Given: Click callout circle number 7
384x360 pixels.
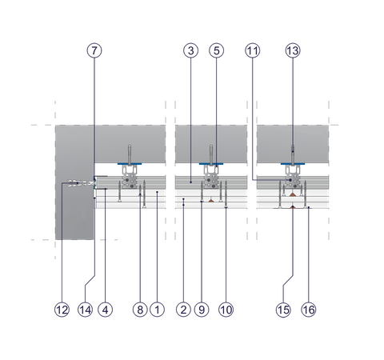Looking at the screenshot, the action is tap(94, 50).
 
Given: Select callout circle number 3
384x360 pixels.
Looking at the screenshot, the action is tap(190, 50).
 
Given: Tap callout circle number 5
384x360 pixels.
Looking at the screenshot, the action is tap(216, 50).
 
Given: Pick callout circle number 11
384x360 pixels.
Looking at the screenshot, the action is tap(253, 50).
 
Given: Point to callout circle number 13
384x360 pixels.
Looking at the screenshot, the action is tap(293, 50).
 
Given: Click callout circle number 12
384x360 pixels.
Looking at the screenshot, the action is tap(62, 310).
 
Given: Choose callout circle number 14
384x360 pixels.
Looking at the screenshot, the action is tap(85, 310).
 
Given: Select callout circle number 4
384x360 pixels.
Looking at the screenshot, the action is tap(106, 310).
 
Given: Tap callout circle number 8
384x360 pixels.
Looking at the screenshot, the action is tap(140, 310).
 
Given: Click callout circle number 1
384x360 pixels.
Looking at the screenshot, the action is tap(158, 310).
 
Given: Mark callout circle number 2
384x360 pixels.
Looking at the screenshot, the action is tap(183, 310).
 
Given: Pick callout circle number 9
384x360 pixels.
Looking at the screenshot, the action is tap(202, 310).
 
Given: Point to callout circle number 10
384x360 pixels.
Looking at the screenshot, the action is tap(226, 310).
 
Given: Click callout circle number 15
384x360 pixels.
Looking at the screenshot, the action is tap(283, 310).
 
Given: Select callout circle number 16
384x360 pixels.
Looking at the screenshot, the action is tap(309, 310).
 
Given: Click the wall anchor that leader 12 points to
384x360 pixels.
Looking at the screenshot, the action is tap(81, 183).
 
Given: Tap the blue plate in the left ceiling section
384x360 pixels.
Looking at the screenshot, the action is tap(130, 164).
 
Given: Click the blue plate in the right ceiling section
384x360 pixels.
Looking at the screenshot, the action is tap(293, 164).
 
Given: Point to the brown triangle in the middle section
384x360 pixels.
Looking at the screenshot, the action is tap(211, 200).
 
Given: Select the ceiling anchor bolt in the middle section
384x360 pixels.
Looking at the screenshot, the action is tap(211, 154).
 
